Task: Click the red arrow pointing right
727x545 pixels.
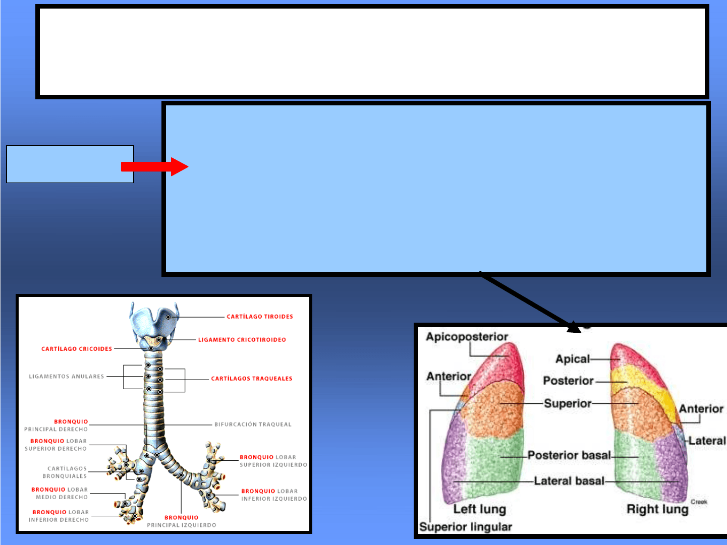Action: (x=154, y=166)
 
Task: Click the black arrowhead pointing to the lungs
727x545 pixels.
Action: (x=574, y=327)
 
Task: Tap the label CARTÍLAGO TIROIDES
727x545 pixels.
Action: (x=259, y=317)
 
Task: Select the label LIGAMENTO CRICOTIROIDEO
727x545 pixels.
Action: (x=242, y=340)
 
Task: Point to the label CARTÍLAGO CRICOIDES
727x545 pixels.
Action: (x=77, y=349)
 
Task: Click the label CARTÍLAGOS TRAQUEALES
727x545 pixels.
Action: (x=251, y=379)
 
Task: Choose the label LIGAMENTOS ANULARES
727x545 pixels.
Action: (x=66, y=377)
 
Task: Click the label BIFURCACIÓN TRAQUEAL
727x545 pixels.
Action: (x=253, y=425)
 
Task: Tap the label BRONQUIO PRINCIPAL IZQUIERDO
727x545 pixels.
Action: (x=182, y=521)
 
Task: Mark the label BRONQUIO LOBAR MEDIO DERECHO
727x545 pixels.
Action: (x=60, y=493)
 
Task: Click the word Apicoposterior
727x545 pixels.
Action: (x=467, y=337)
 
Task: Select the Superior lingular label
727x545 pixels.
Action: (x=465, y=527)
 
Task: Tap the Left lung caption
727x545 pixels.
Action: (x=479, y=509)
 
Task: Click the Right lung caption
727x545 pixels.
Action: (x=657, y=509)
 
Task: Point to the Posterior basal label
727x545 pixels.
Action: (x=569, y=455)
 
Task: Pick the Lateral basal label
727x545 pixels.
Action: (x=569, y=481)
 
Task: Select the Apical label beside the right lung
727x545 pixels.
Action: (x=572, y=359)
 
